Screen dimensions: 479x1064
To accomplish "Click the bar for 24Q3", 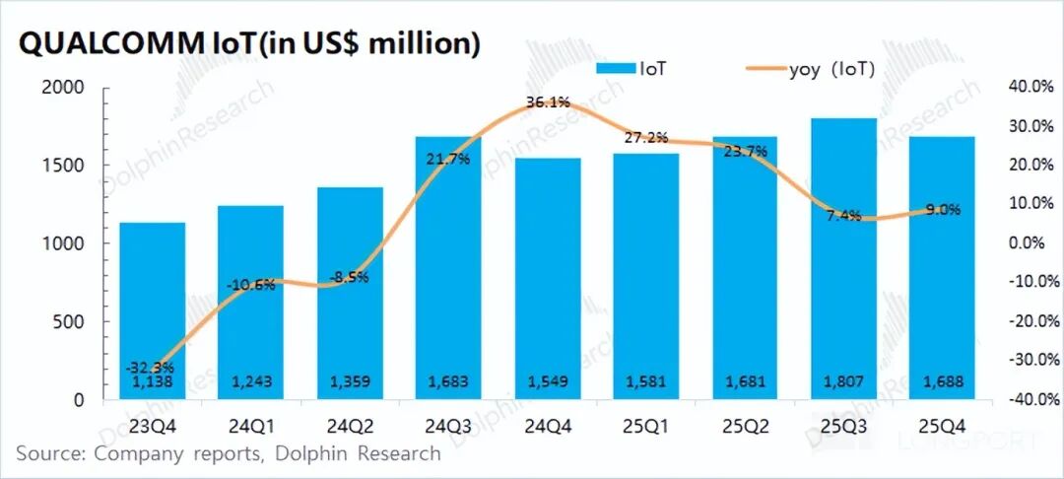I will tap(448, 266).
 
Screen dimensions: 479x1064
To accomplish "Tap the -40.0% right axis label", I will tap(1030, 399).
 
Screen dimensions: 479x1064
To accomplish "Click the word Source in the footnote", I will tap(48, 454).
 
